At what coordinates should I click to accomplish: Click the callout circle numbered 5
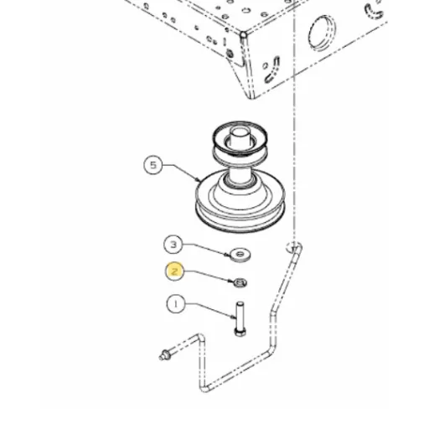point(152,165)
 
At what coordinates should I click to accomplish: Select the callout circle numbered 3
point(173,245)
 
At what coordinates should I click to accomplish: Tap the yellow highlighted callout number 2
point(175,271)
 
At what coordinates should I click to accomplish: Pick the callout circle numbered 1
point(176,304)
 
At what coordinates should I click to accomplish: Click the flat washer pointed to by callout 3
point(240,255)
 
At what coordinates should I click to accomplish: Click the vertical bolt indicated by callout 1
point(240,318)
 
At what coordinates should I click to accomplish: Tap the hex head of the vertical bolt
point(240,333)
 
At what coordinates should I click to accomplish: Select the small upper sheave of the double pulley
point(240,140)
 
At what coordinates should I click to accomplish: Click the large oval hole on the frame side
point(322,33)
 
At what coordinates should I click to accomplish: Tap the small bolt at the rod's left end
point(165,354)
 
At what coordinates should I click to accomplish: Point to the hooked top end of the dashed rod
point(294,247)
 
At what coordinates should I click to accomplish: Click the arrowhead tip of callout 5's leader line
point(199,180)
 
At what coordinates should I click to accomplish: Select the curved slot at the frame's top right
point(374,12)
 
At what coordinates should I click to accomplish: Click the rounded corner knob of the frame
point(244,35)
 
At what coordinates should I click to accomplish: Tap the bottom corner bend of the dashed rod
point(204,388)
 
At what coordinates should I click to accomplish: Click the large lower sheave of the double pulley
point(240,203)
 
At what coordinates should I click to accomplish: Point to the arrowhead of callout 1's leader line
point(234,318)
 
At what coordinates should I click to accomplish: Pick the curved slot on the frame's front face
point(272,70)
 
